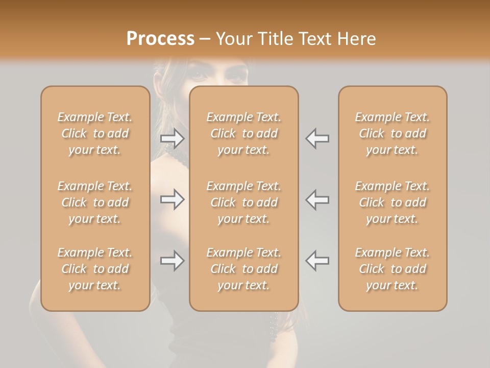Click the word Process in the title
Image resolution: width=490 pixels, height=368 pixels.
tap(160, 38)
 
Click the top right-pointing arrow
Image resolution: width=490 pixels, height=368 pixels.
tap(173, 138)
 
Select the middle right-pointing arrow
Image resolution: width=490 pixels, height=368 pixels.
tap(173, 199)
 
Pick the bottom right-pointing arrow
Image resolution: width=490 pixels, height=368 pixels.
tap(173, 261)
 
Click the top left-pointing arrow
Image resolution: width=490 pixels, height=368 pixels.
tap(317, 138)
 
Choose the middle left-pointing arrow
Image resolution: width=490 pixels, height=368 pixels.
tap(317, 199)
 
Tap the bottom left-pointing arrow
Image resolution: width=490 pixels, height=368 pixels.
tap(317, 261)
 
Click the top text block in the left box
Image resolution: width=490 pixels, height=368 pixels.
tap(95, 133)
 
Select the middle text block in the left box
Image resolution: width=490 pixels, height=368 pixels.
tap(95, 202)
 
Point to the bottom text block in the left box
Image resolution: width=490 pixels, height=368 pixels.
tap(95, 269)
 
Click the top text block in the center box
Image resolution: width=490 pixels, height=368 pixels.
tap(244, 133)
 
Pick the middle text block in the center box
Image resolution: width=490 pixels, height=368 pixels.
tap(244, 202)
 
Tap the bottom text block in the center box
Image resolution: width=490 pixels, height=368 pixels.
tap(244, 269)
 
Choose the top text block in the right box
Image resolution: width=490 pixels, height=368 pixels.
tap(393, 133)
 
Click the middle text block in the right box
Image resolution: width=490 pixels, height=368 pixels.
tap(393, 202)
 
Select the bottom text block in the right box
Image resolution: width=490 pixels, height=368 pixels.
tap(393, 269)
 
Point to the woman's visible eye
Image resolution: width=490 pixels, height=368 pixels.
tap(198, 75)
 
